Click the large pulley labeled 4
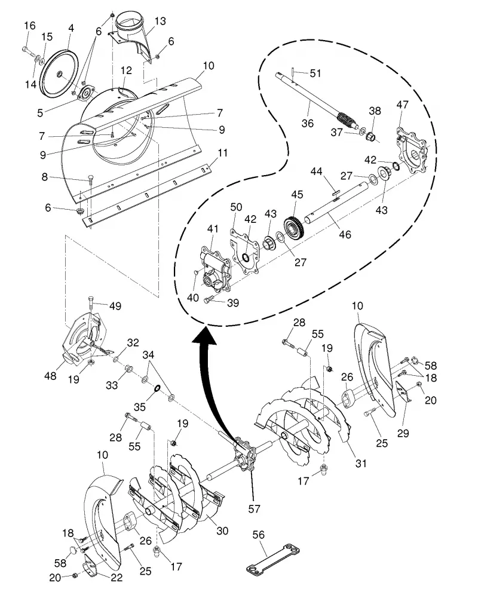(x=60, y=73)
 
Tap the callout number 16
(x=30, y=26)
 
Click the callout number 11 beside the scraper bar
(x=222, y=153)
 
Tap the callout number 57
(x=254, y=508)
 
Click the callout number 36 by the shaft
(x=307, y=123)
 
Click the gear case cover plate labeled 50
(x=246, y=250)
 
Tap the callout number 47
(x=403, y=104)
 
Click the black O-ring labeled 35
(x=157, y=389)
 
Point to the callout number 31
(x=360, y=463)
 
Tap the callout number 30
(x=222, y=530)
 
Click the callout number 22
(x=117, y=578)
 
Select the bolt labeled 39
(x=210, y=300)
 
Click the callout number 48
(x=50, y=376)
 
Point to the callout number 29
(x=403, y=433)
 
